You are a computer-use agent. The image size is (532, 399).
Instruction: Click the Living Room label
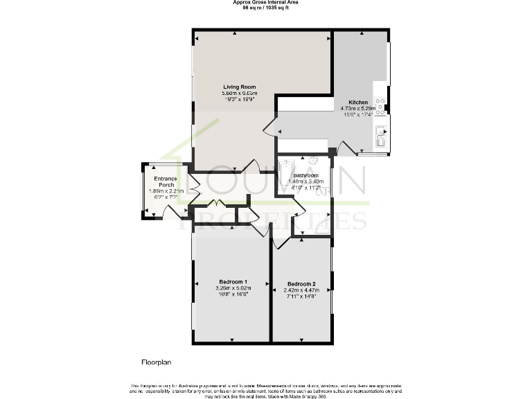(x=239, y=87)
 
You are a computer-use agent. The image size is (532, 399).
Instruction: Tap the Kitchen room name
(x=358, y=103)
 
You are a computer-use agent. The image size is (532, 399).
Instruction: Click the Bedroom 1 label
(x=233, y=281)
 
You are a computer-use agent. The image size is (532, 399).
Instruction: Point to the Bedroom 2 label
(x=301, y=285)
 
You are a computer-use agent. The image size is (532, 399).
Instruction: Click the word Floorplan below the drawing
(x=156, y=362)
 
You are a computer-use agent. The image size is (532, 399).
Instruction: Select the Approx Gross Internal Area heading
(x=266, y=3)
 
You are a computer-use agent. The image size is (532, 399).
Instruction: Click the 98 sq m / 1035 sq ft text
(x=266, y=8)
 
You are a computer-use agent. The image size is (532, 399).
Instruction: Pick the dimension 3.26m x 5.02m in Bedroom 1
(x=233, y=288)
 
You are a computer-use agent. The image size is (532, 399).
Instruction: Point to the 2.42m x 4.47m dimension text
(x=301, y=291)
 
